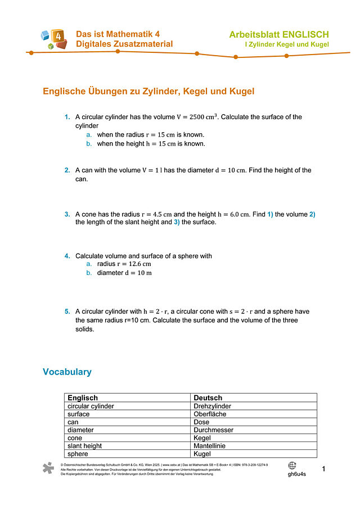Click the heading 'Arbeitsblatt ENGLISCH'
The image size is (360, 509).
(278, 35)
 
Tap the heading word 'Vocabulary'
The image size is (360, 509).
(67, 372)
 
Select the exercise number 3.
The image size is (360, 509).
(67, 214)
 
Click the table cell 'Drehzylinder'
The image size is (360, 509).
(212, 406)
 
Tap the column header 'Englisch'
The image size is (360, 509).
(83, 398)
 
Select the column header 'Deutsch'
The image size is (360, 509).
(208, 398)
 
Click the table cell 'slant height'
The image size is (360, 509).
(84, 445)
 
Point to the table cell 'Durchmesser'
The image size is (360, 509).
(213, 430)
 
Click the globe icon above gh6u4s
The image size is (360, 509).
(292, 465)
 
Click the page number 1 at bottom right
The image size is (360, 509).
(323, 469)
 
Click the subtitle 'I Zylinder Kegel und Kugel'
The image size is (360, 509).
(286, 44)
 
